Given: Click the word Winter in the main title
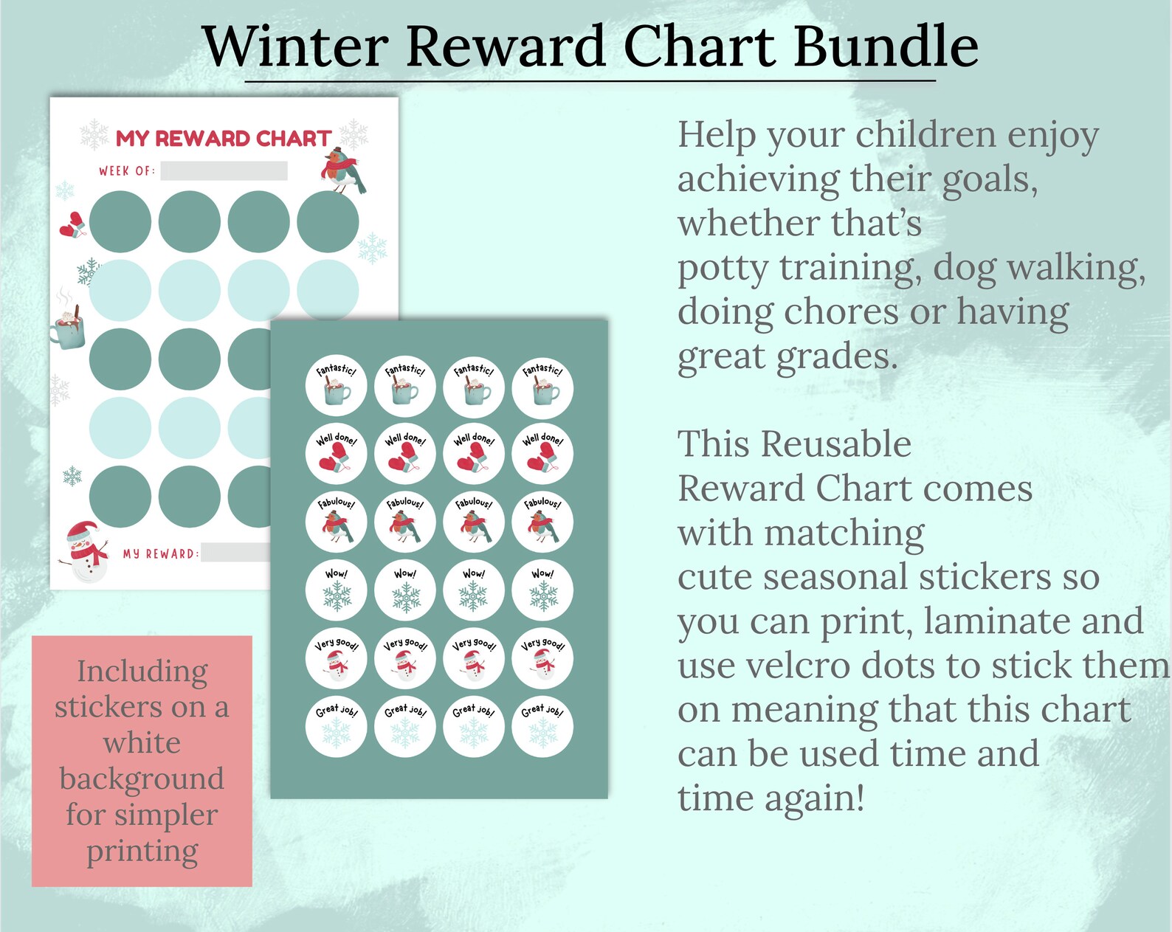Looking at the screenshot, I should pyautogui.click(x=294, y=46).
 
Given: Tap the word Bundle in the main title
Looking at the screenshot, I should pyautogui.click(x=886, y=46).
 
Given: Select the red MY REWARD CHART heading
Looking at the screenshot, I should pyautogui.click(x=223, y=138).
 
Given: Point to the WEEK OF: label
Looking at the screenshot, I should pyautogui.click(x=127, y=171).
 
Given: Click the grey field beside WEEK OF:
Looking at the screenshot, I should pyautogui.click(x=224, y=171).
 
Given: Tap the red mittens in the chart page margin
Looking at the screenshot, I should pyautogui.click(x=72, y=225).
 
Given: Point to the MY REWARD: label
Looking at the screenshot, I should pyautogui.click(x=160, y=553).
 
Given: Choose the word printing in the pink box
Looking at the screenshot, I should pyautogui.click(x=142, y=852).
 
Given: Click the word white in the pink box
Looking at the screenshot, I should pyautogui.click(x=142, y=742).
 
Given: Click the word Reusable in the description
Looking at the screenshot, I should pyautogui.click(x=836, y=444).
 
